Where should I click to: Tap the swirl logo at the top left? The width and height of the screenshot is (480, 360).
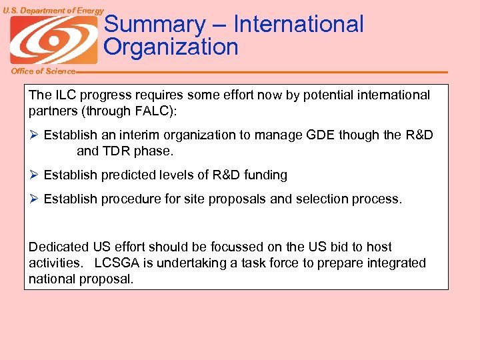point(53,40)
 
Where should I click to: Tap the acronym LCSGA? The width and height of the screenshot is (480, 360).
point(119,263)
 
